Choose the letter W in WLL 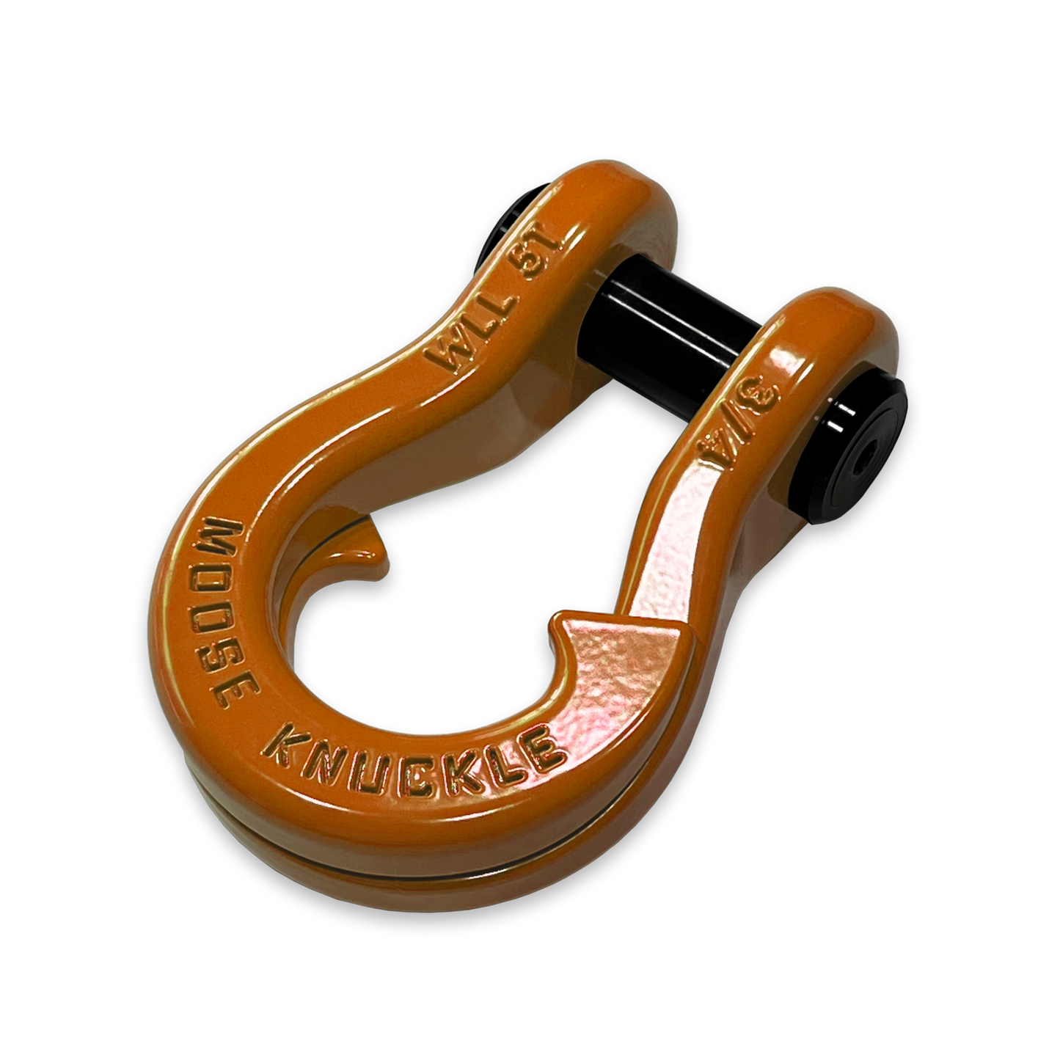[x=446, y=357]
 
